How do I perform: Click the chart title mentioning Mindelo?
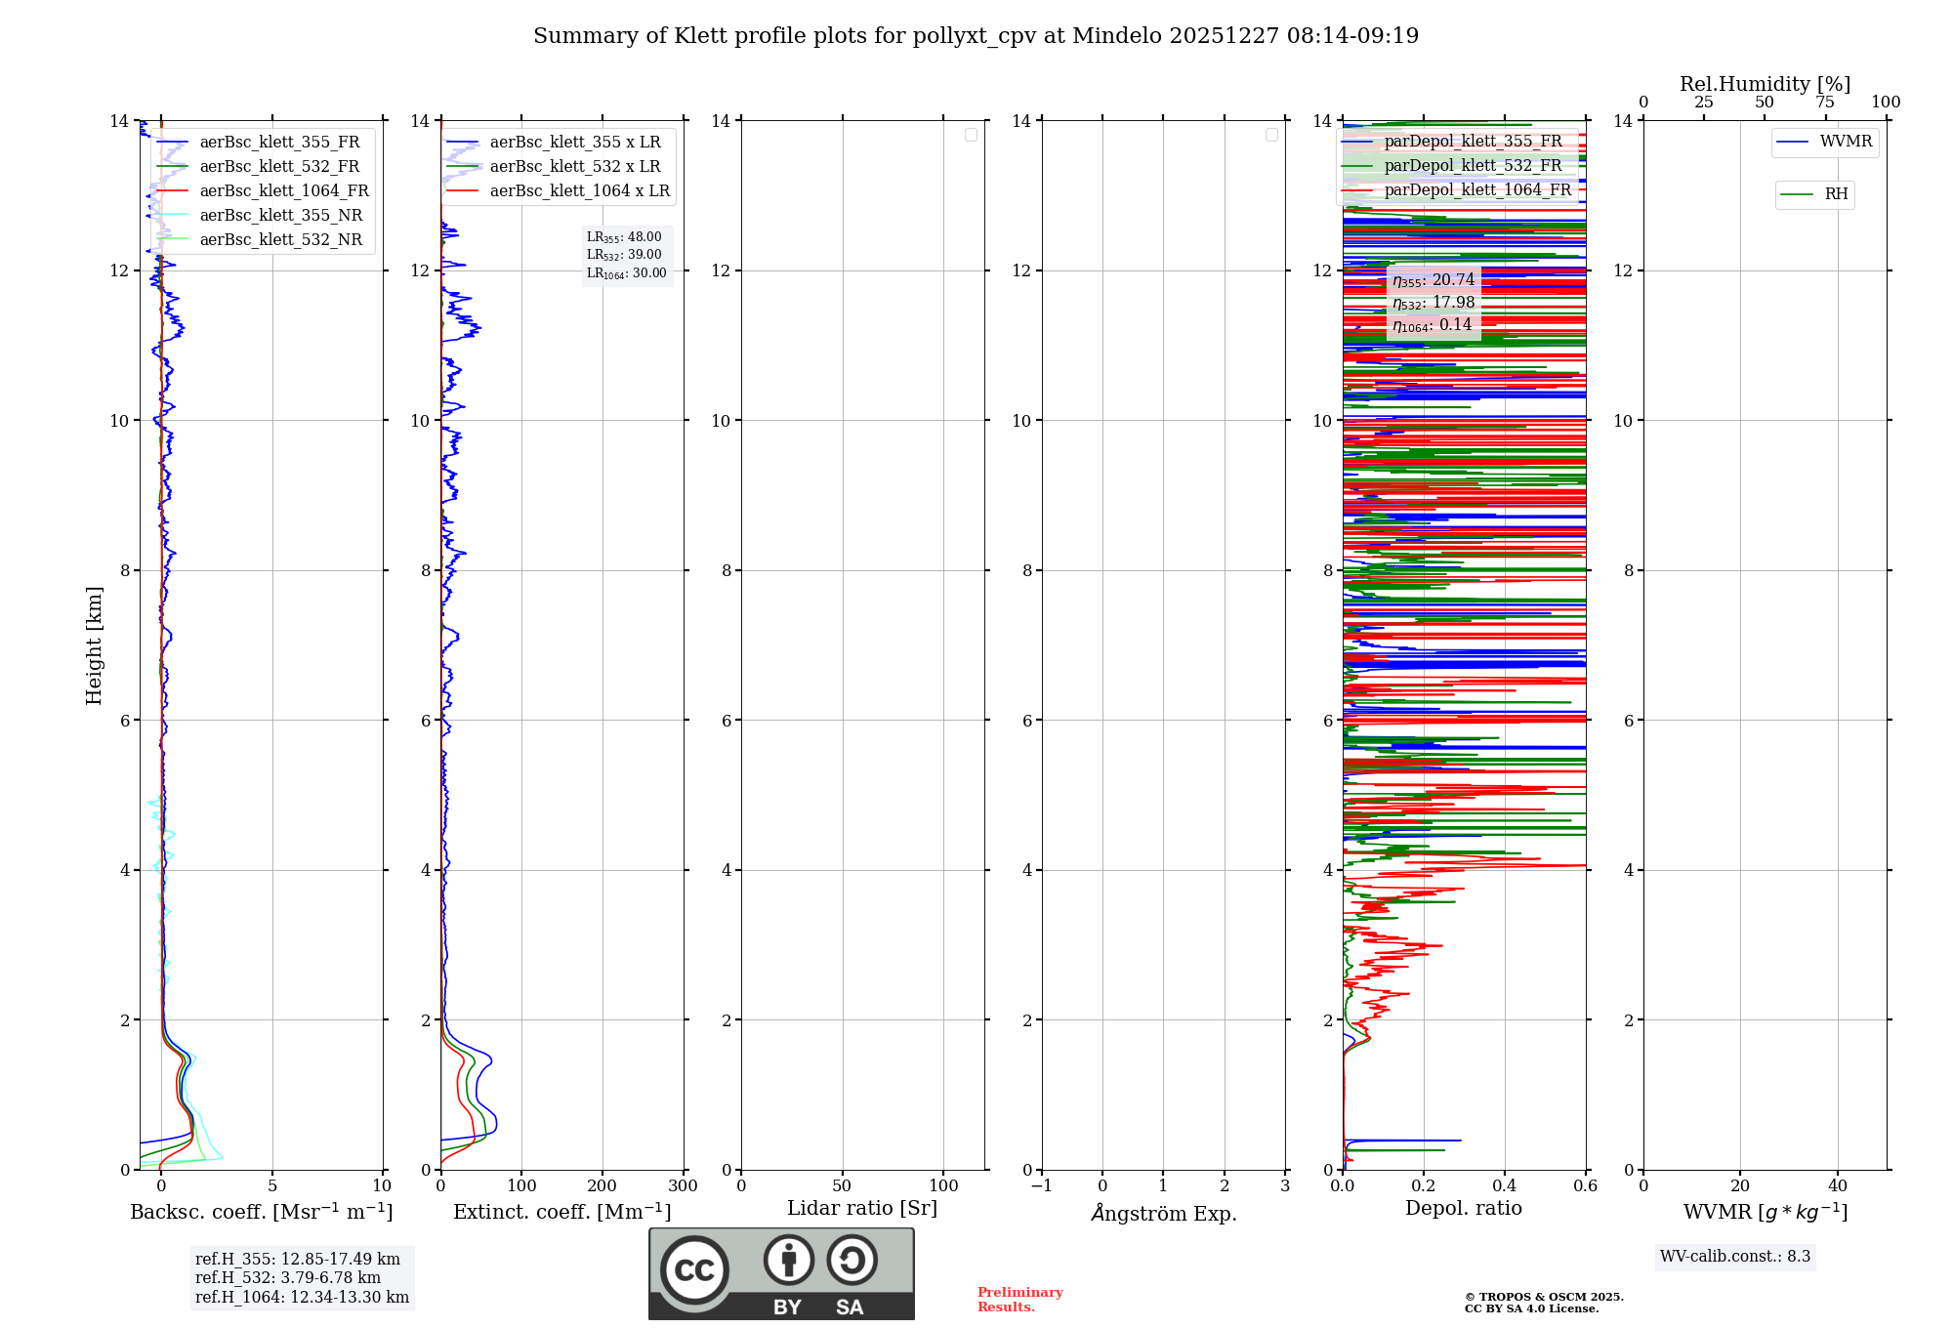coord(976,36)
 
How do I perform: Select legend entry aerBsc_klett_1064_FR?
coord(283,191)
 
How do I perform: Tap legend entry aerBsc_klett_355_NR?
coord(280,216)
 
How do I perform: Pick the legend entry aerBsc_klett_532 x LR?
coord(574,167)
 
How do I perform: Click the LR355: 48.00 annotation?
coord(624,237)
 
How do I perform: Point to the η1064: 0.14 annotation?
coord(1433,325)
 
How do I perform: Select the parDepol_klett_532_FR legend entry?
coord(1473,166)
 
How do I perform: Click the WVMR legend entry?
coord(1845,142)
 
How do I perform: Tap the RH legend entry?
coord(1835,194)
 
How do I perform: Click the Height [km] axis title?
coord(94,645)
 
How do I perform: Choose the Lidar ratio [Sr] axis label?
coord(862,1208)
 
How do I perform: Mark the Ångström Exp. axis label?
coord(1163,1213)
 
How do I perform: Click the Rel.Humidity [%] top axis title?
coord(1765,84)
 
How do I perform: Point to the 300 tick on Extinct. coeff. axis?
coord(683,1186)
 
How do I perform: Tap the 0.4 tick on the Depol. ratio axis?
coord(1505,1186)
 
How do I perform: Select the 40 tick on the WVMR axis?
coord(1837,1186)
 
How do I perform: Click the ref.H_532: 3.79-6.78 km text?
coord(288,1278)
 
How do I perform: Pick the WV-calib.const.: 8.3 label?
coord(1735,1257)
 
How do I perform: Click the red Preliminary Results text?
coord(1019,1300)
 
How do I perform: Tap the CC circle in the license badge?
coord(694,1270)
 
